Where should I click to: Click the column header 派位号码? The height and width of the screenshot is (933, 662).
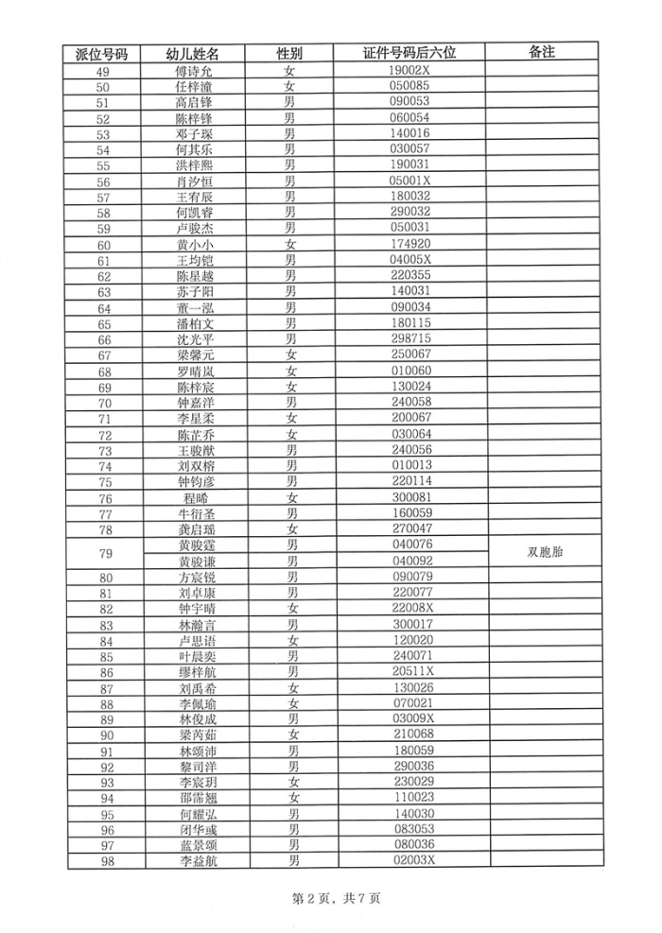105,54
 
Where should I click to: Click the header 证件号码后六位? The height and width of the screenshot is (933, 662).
409,54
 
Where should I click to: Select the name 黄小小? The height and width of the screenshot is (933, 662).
194,245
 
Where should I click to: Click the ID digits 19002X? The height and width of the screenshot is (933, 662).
410,71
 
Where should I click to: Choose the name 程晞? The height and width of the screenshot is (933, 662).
194,498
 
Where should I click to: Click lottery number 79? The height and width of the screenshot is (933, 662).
105,553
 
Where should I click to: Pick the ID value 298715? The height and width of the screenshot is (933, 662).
410,338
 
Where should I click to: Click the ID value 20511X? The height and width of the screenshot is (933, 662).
411,672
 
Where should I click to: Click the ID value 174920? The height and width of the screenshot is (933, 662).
410,245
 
